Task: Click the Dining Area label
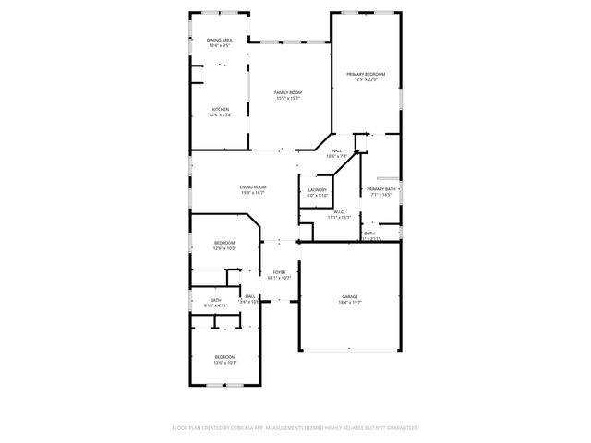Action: pyautogui.click(x=219, y=41)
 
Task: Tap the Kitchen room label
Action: pyautogui.click(x=220, y=109)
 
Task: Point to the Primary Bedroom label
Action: pyautogui.click(x=366, y=74)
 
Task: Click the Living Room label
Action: pyautogui.click(x=253, y=187)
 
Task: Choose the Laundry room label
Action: pyautogui.click(x=318, y=190)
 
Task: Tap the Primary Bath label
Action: pyautogui.click(x=380, y=189)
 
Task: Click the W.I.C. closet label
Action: pyautogui.click(x=339, y=212)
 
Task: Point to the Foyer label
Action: pyautogui.click(x=279, y=272)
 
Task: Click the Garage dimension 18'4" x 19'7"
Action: pyautogui.click(x=350, y=302)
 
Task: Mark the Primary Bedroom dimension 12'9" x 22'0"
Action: pyautogui.click(x=366, y=79)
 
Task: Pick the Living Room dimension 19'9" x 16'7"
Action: pyautogui.click(x=253, y=193)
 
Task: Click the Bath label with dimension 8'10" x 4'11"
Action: pyautogui.click(x=215, y=300)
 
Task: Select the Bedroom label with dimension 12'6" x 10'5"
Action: pyautogui.click(x=225, y=243)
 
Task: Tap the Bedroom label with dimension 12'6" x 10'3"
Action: pyautogui.click(x=225, y=356)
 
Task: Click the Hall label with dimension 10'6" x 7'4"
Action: pyautogui.click(x=337, y=150)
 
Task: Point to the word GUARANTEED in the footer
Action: pyautogui.click(x=400, y=428)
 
